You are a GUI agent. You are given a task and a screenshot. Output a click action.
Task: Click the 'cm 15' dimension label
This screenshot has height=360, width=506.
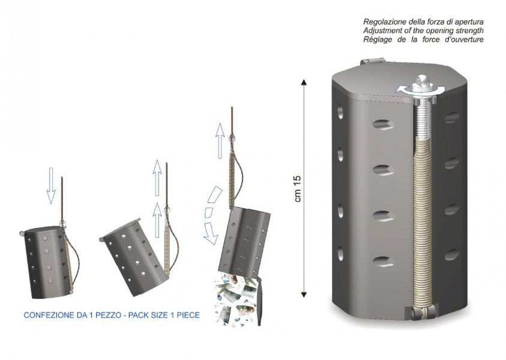298,188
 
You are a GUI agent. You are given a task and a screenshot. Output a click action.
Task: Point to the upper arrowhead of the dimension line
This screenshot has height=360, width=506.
304,82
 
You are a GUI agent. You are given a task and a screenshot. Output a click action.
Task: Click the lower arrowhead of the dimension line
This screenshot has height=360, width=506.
304,294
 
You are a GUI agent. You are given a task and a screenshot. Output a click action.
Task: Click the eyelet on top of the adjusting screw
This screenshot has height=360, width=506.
422,80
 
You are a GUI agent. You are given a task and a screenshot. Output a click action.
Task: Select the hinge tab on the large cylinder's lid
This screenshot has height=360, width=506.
372,61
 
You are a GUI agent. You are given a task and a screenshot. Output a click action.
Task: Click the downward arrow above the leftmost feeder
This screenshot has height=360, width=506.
50,185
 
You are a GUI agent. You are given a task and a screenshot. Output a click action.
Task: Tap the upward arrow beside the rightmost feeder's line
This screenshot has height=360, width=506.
220,140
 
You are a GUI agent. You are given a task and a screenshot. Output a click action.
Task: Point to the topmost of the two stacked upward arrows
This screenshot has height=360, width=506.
157,178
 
